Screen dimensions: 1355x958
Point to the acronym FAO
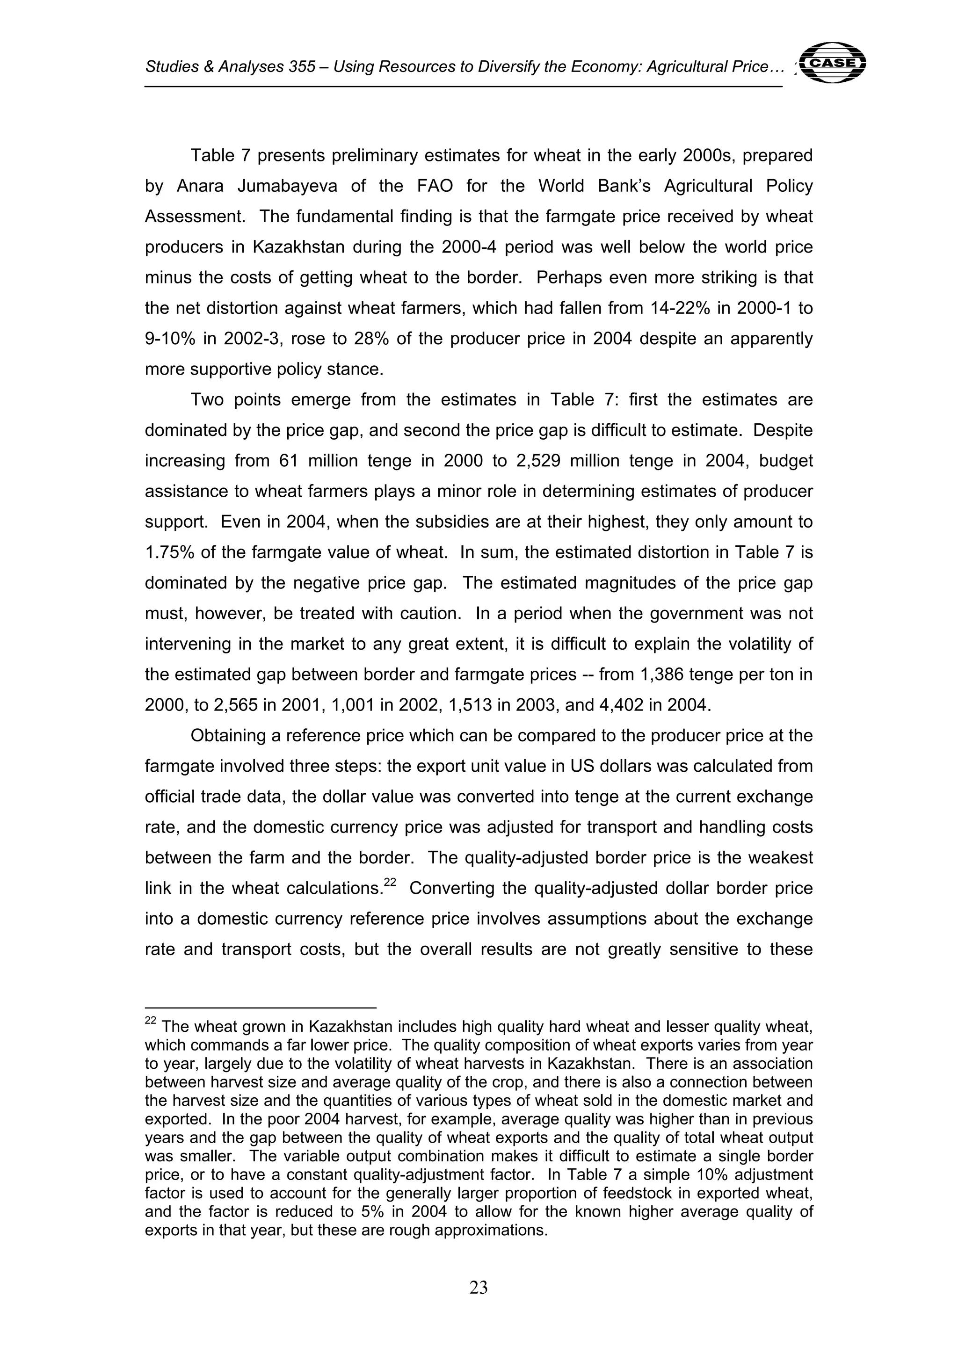pyautogui.click(x=435, y=186)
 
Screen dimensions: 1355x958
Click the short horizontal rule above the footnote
pyautogui.click(x=260, y=1007)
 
